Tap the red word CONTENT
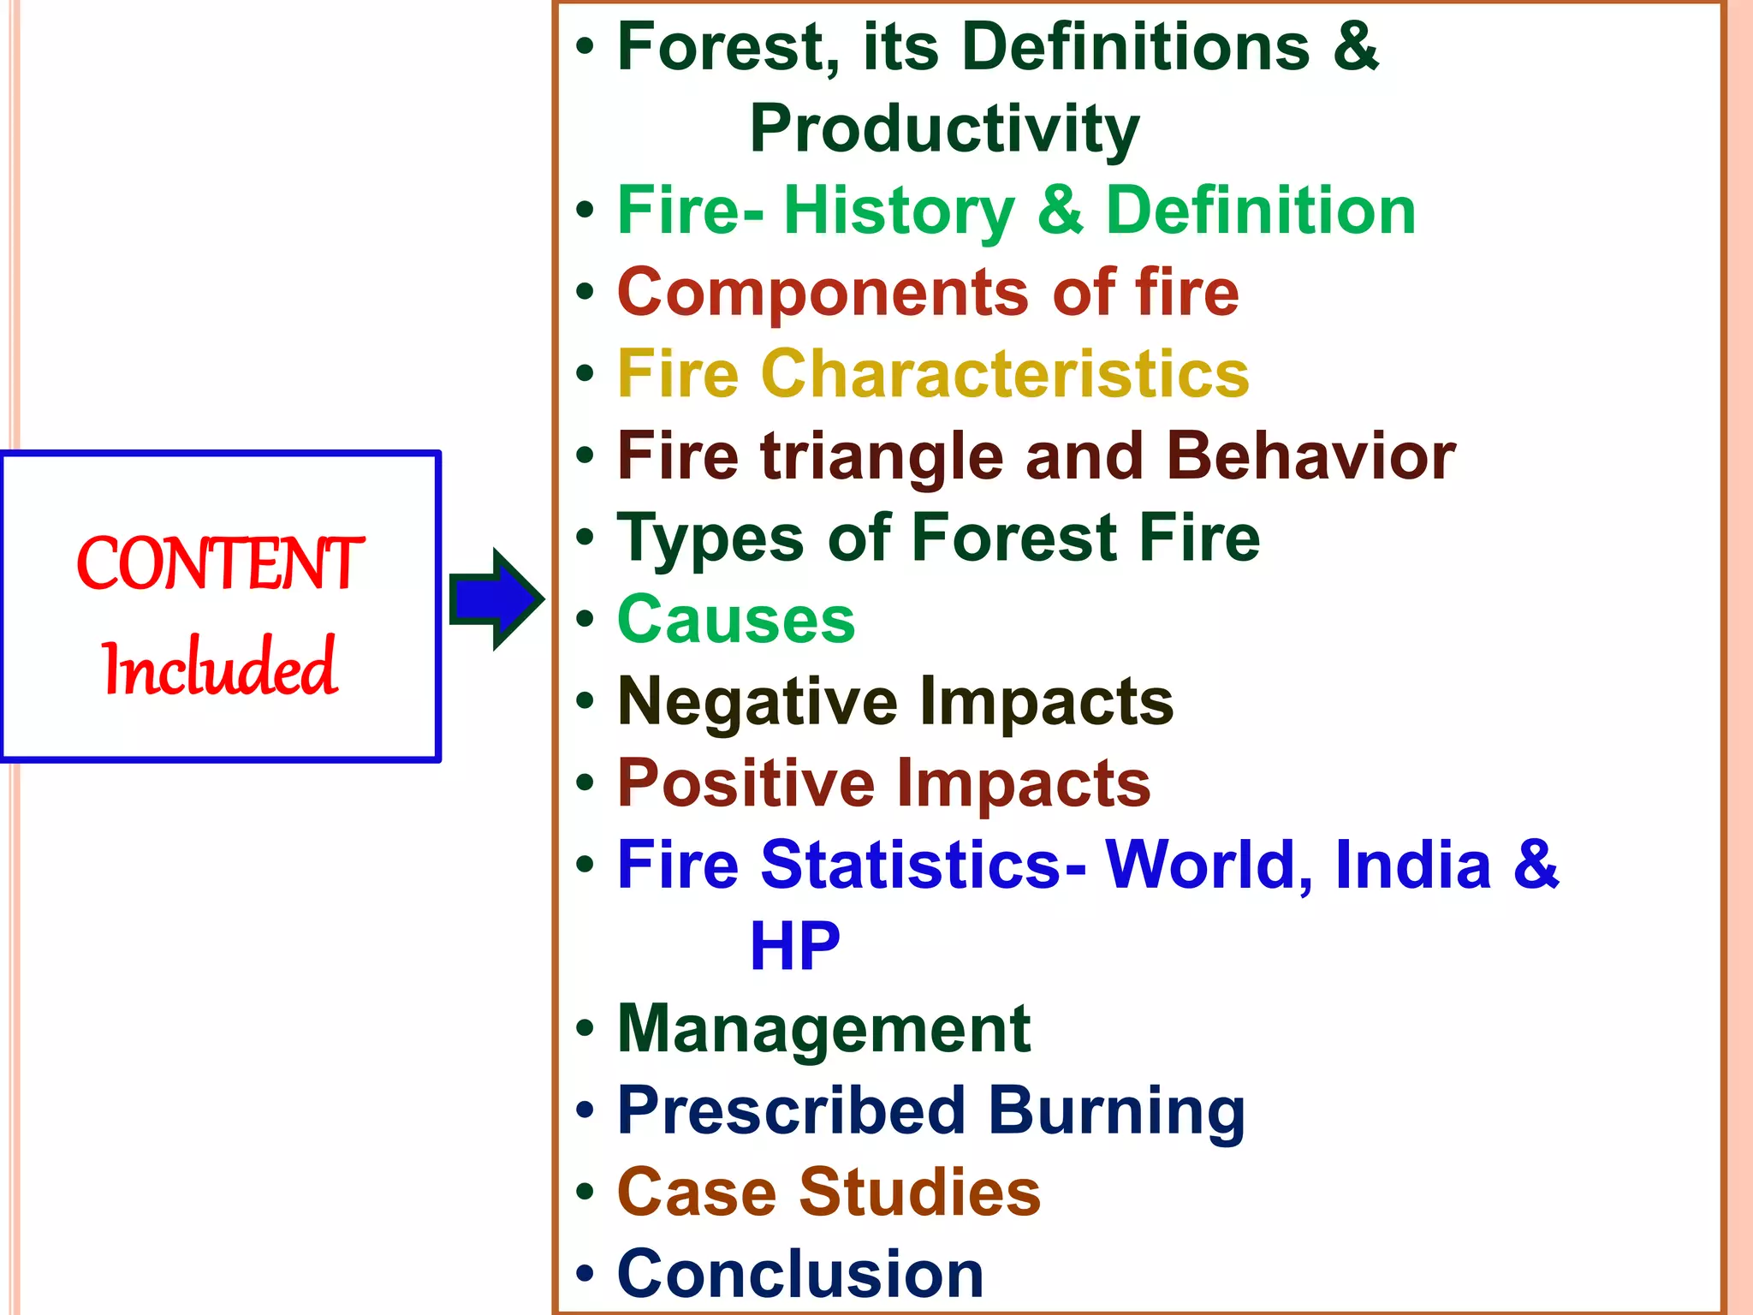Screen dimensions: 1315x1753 pos(221,564)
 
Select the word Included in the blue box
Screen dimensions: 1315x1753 pos(220,667)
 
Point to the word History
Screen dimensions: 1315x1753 pos(900,211)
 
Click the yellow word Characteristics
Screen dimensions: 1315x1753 pos(1005,375)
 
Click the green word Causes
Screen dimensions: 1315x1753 pos(736,620)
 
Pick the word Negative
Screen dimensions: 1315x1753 pos(758,702)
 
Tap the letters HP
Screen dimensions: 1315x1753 pos(794,947)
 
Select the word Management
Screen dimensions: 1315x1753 pos(823,1029)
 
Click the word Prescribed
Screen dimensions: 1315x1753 pos(792,1111)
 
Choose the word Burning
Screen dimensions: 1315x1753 pos(1116,1111)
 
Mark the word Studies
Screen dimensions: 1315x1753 pos(919,1193)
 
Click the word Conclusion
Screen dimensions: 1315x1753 pos(800,1274)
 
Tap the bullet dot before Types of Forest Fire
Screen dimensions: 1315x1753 pos(585,538)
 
